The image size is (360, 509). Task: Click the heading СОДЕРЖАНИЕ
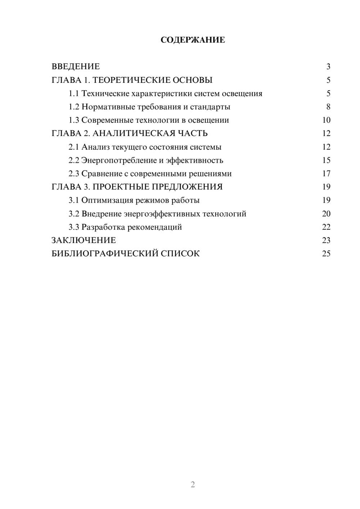coord(193,40)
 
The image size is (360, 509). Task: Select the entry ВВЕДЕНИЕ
coord(76,67)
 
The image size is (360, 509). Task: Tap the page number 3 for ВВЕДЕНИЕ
coord(328,67)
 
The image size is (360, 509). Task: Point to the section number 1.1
coord(74,94)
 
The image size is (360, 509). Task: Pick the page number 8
coord(328,107)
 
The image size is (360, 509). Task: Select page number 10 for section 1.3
coord(326,120)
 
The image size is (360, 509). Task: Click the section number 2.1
coord(74,147)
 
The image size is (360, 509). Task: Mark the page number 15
coord(326,160)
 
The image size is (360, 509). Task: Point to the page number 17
coord(326,174)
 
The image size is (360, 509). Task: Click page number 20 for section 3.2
coord(326,214)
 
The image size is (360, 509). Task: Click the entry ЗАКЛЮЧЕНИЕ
coord(84,240)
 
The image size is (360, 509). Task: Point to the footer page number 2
coord(193,485)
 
